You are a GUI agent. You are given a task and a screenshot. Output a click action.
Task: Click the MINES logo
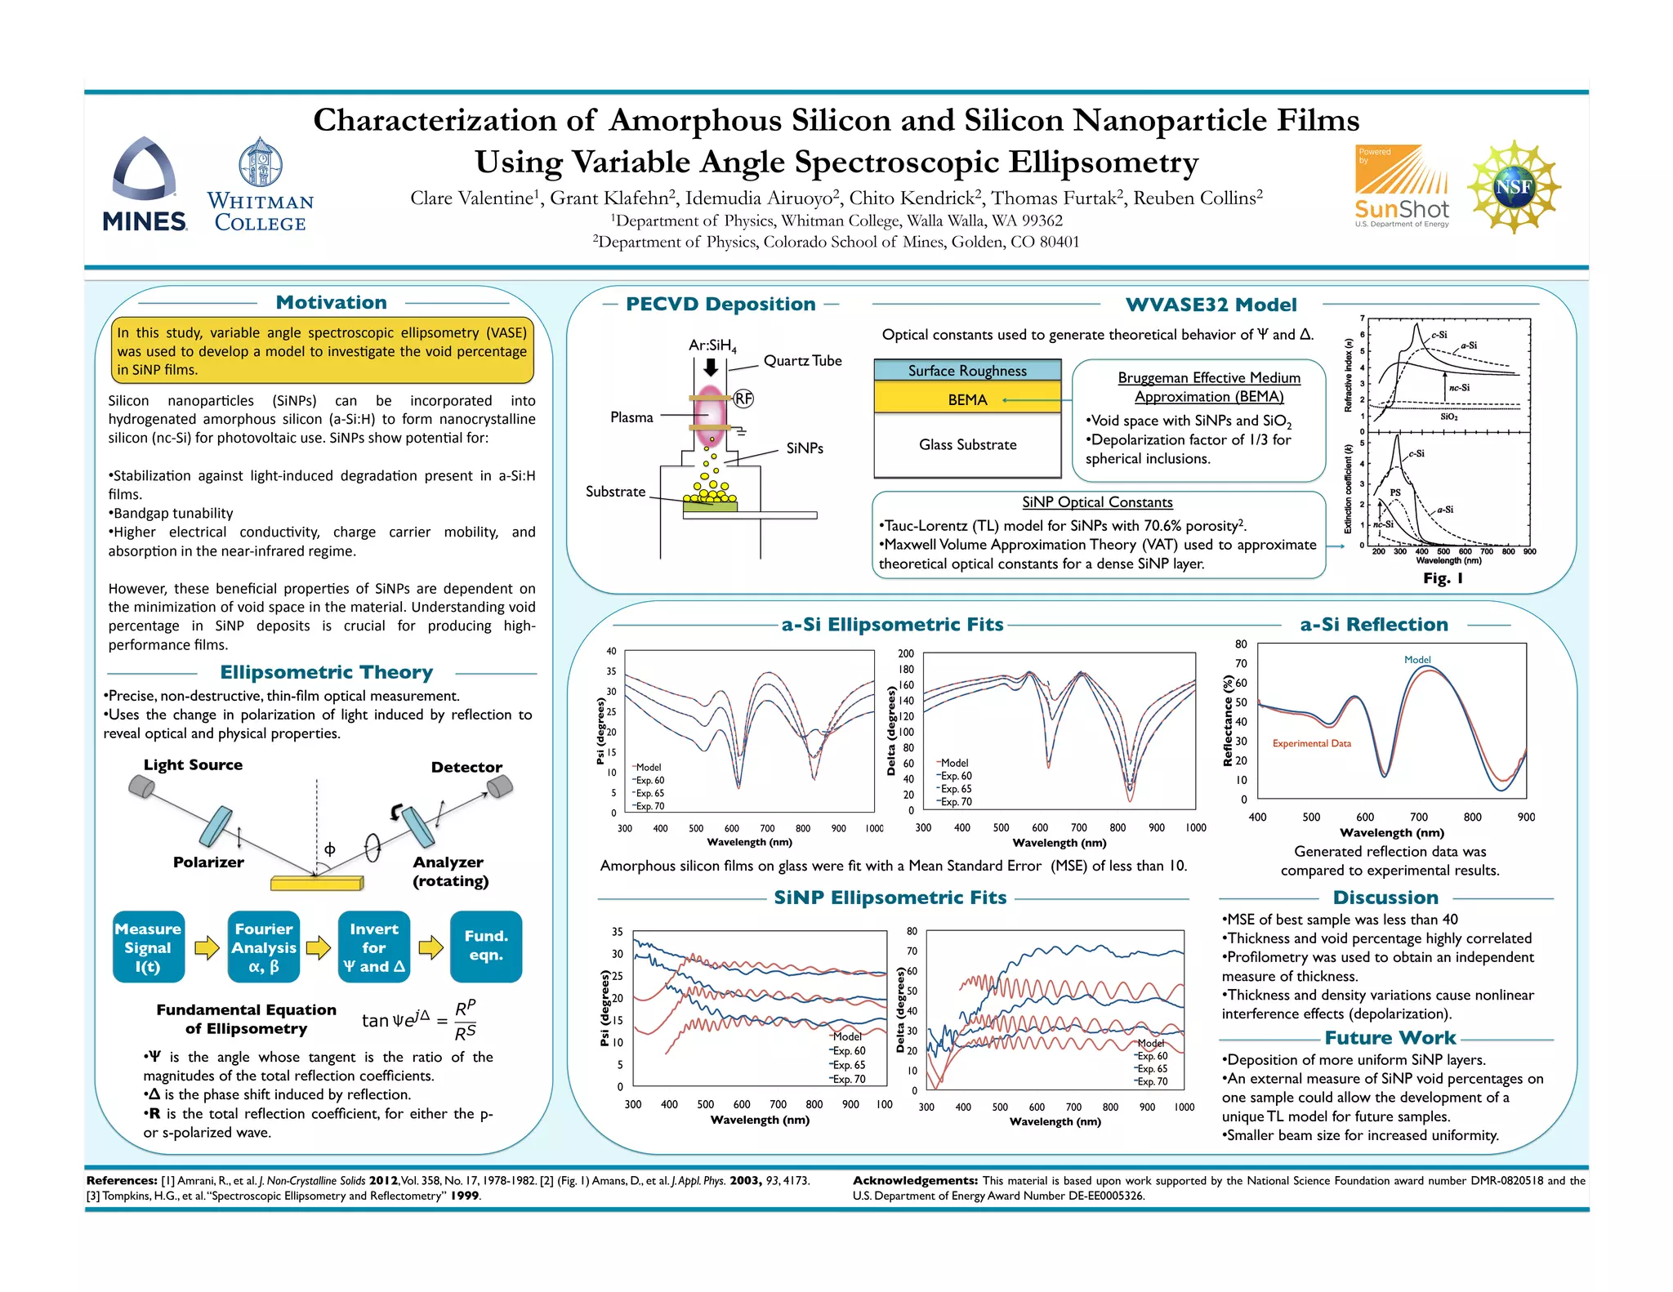click(x=145, y=185)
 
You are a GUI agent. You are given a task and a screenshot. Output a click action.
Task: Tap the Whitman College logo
click(x=260, y=185)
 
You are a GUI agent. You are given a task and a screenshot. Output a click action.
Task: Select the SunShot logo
click(x=1401, y=186)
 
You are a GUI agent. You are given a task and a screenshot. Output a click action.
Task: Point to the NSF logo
click(x=1514, y=186)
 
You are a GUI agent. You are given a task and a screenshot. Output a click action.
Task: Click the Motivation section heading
click(x=331, y=303)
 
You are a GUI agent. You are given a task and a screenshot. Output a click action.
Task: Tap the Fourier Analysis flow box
click(x=264, y=947)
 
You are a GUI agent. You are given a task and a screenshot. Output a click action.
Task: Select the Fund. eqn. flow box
click(x=486, y=947)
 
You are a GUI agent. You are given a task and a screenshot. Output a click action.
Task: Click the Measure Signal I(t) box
click(x=148, y=947)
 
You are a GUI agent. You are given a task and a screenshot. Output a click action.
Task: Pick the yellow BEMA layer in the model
click(x=967, y=399)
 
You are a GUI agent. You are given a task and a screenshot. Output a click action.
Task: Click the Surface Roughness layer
click(x=967, y=371)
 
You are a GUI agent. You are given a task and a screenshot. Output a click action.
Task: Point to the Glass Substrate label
click(x=967, y=445)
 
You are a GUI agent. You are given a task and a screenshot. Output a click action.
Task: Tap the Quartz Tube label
click(x=802, y=361)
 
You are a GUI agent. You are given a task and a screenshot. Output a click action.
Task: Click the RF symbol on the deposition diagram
click(x=743, y=399)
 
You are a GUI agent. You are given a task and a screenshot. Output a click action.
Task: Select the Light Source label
click(x=193, y=765)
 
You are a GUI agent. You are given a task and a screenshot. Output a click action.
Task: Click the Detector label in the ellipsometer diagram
click(x=466, y=768)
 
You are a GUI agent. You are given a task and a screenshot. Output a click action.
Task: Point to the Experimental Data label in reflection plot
click(x=1311, y=744)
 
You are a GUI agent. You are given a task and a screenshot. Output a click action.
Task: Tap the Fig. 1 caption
click(x=1443, y=578)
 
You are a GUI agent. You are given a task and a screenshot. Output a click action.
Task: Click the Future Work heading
click(x=1390, y=1038)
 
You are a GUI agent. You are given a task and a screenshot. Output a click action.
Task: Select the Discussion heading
click(x=1385, y=898)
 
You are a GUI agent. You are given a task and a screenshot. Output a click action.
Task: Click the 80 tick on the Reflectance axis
click(x=1241, y=644)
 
